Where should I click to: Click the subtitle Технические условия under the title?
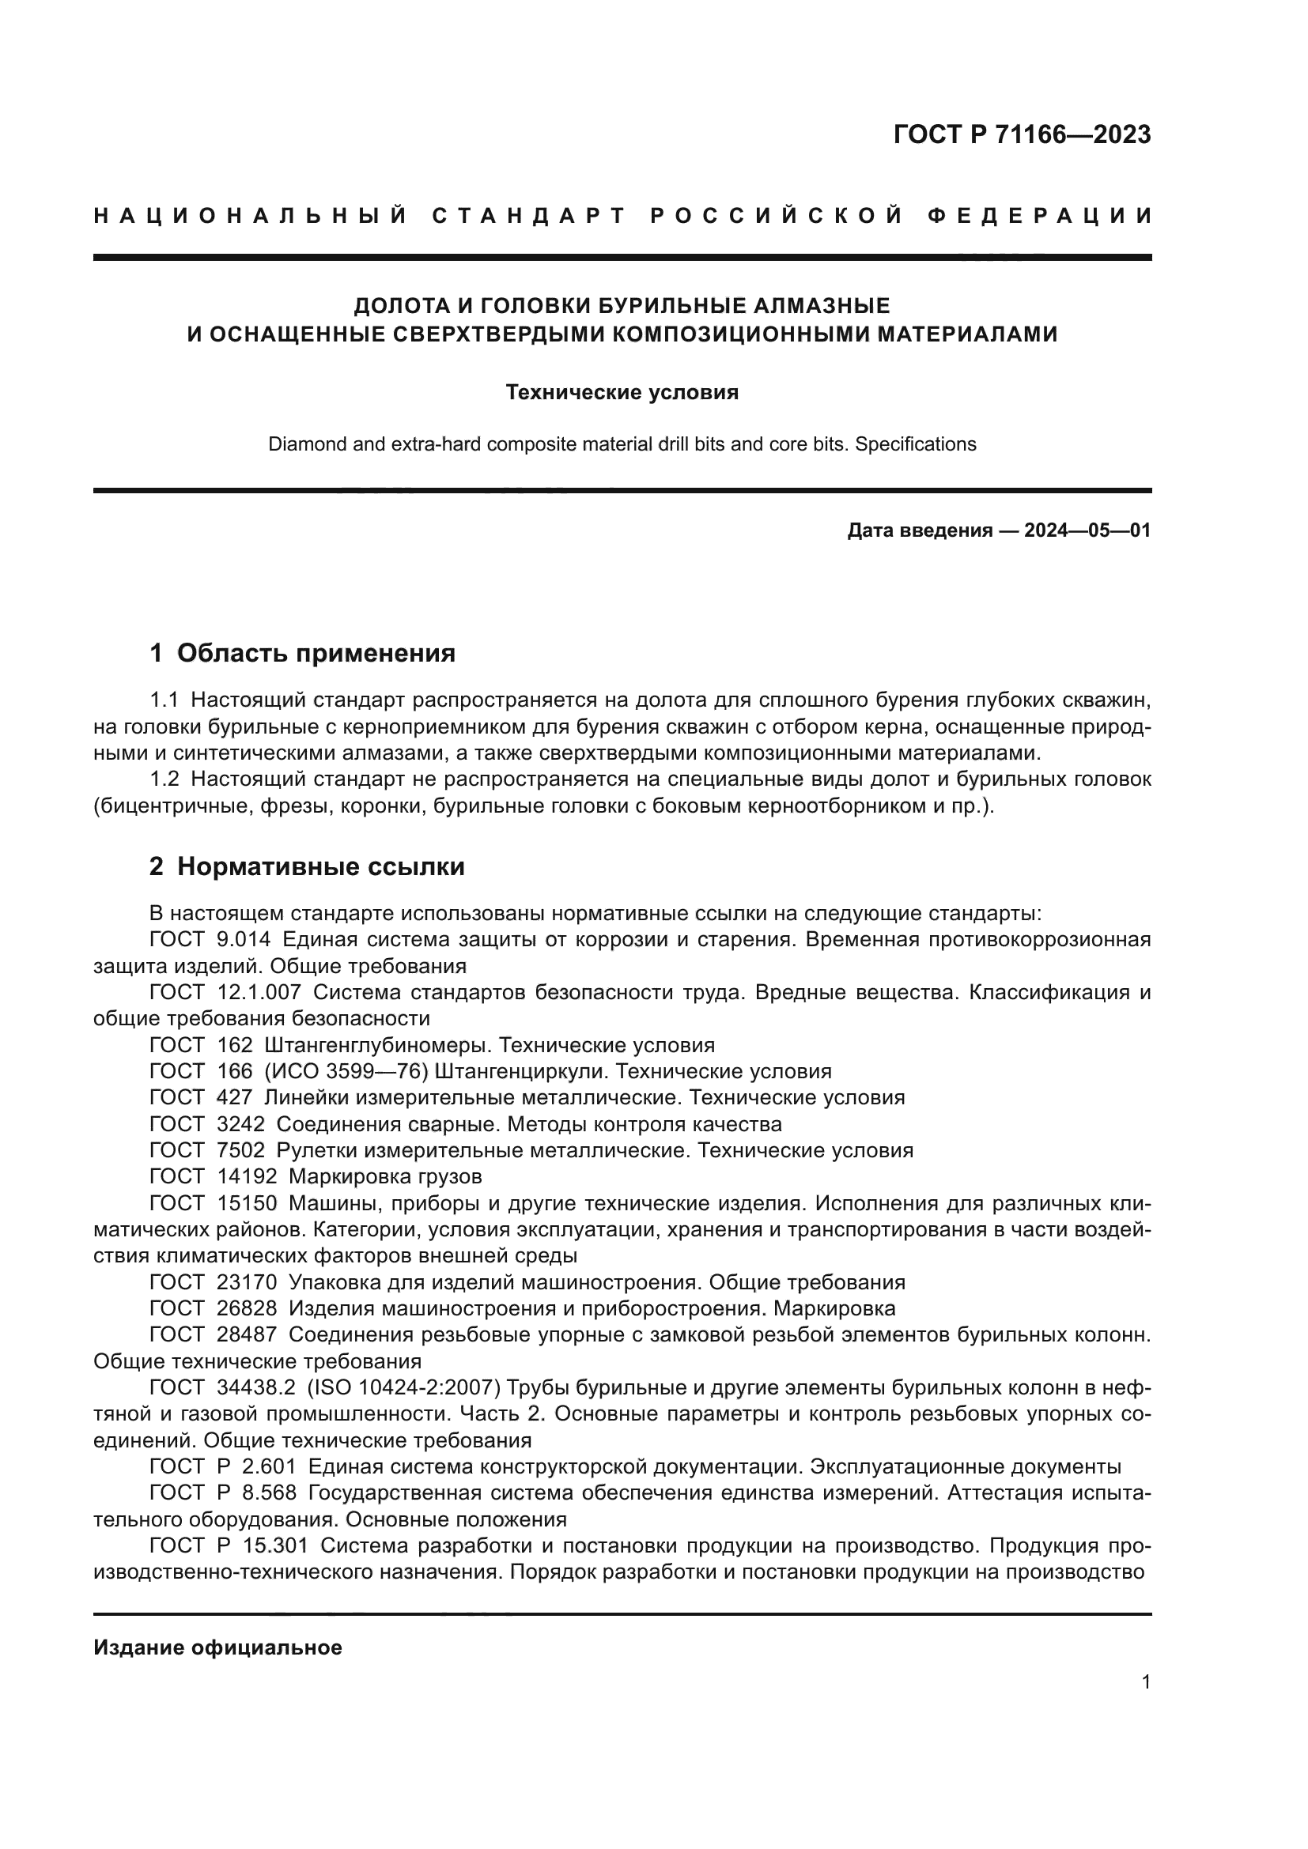coord(622,392)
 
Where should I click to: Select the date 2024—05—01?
coord(1087,530)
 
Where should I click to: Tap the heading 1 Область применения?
coord(303,653)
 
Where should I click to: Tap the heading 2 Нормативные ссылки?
coord(307,867)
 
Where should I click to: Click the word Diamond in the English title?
coord(305,444)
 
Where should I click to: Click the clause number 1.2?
coord(165,779)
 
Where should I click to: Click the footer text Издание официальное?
coord(217,1647)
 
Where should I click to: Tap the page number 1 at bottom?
coord(1146,1682)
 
